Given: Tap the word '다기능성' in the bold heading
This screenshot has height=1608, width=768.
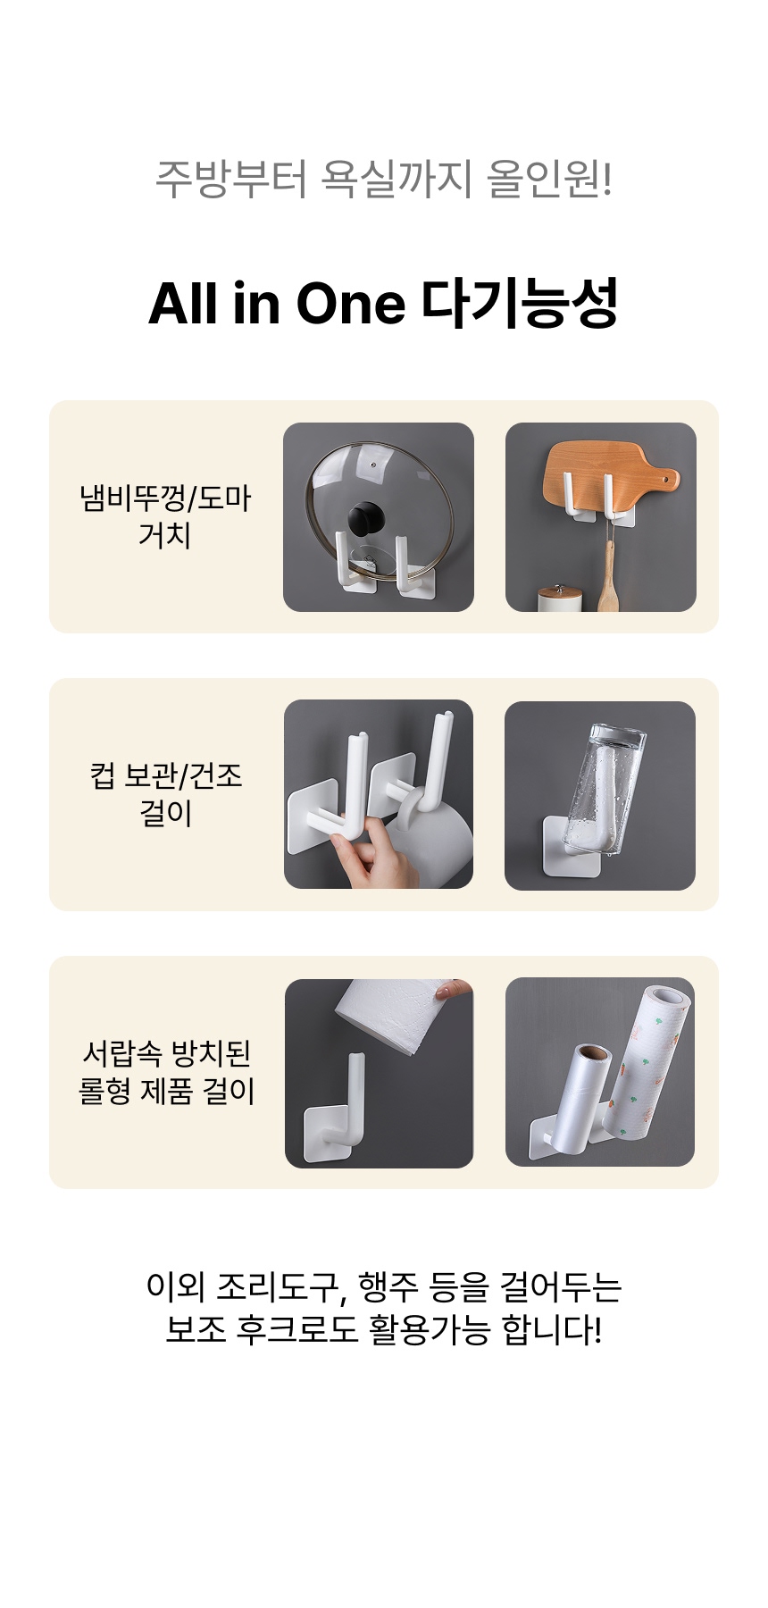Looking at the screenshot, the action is pos(519,303).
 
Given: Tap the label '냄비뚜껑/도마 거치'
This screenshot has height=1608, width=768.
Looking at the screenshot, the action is pos(166,516).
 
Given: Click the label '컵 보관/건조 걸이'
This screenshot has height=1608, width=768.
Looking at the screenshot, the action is pos(166,794).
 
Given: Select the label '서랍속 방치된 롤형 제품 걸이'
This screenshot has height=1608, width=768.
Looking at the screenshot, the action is pos(166,1072).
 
